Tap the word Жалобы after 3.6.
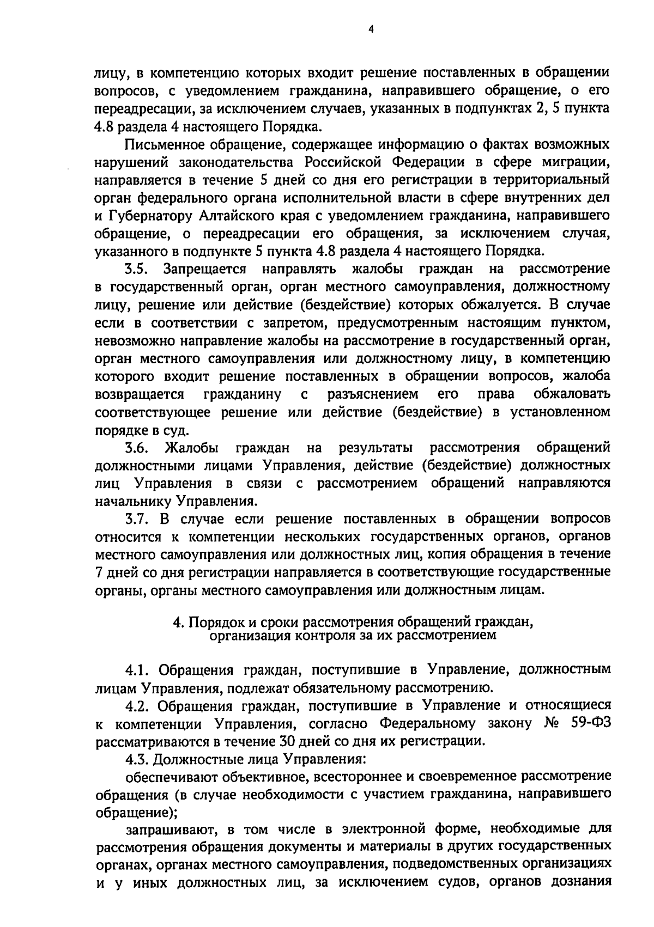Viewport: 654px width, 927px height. pyautogui.click(x=192, y=448)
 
